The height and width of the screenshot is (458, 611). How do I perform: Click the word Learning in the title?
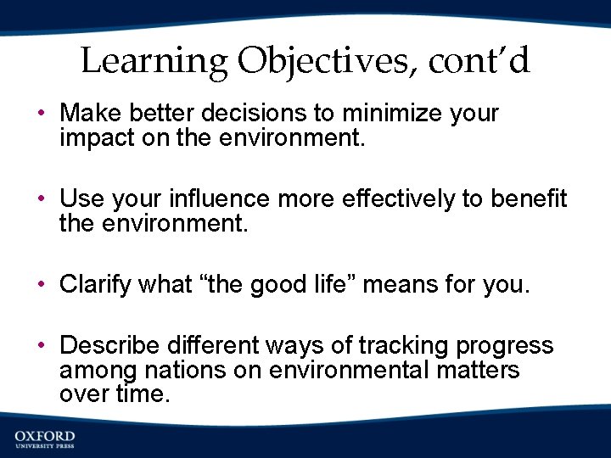[x=154, y=61]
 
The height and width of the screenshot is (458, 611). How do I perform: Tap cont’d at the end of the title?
[x=479, y=61]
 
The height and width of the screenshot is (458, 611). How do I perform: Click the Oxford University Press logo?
[x=44, y=439]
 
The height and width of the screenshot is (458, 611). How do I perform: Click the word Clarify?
[x=91, y=284]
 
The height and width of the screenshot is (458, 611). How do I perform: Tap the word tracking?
[x=404, y=346]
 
